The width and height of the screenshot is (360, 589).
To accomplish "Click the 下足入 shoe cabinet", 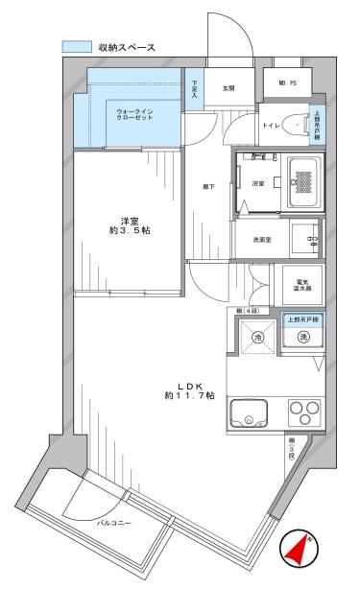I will [x=194, y=89].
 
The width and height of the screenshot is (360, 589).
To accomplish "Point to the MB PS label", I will [x=286, y=84].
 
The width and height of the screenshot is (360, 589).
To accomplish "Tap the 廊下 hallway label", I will [x=206, y=186].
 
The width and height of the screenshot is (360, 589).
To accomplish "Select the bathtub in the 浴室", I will [x=303, y=182].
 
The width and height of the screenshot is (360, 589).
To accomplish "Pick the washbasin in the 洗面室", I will [x=306, y=238].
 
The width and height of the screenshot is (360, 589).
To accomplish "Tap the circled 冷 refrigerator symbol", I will [x=256, y=337].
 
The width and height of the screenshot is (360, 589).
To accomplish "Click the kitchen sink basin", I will [x=251, y=415].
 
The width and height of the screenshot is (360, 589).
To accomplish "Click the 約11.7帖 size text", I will [x=189, y=395].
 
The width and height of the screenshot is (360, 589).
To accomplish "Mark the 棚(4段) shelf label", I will [x=248, y=311].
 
